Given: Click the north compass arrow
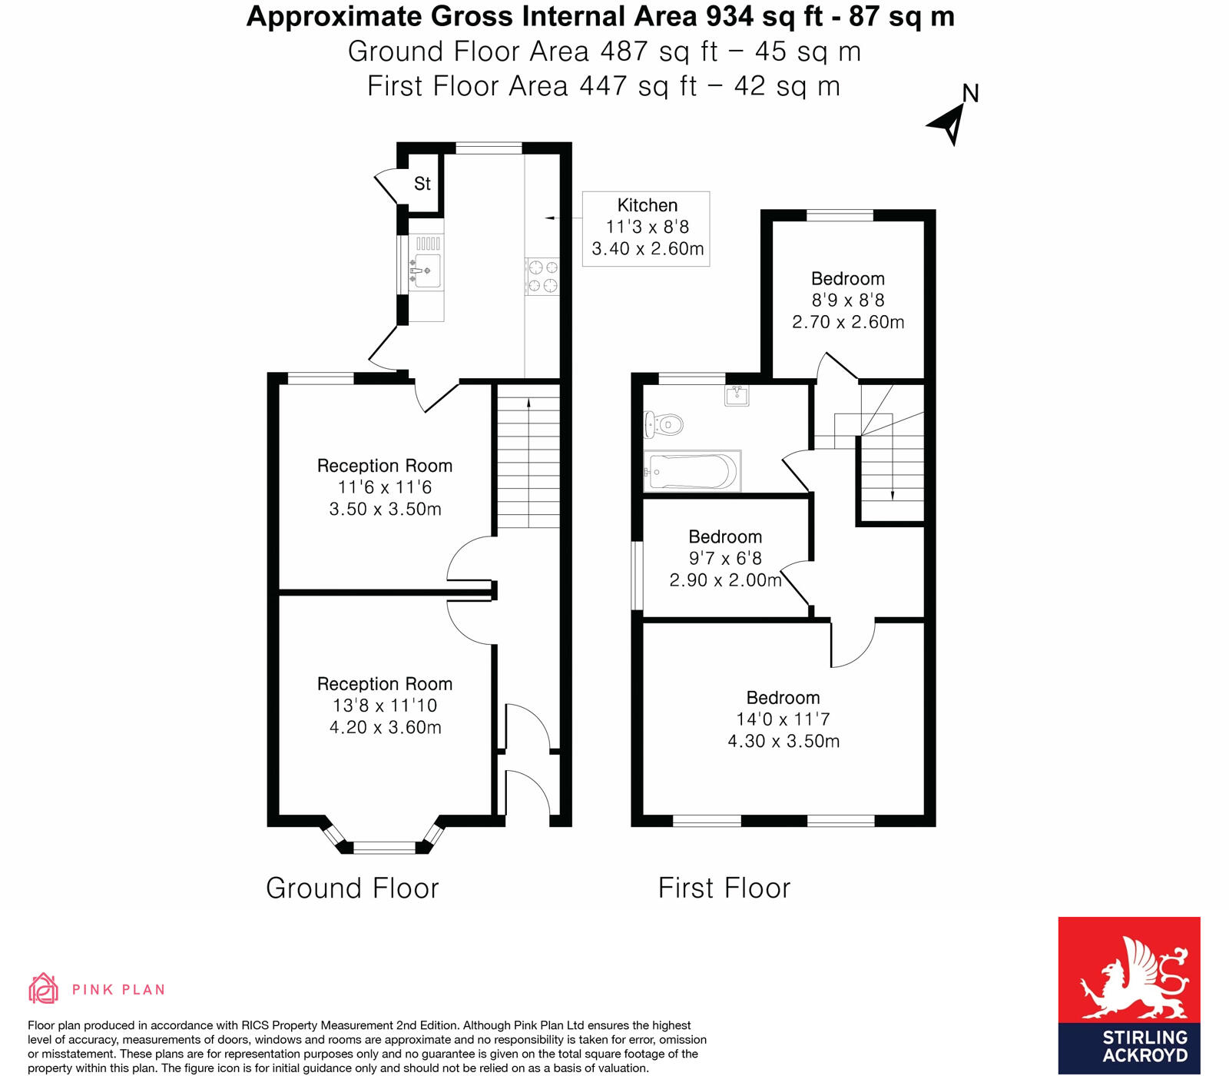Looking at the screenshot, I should coord(949,124).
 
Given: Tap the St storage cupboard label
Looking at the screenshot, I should coord(422,184).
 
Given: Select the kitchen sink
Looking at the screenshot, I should coord(426,270).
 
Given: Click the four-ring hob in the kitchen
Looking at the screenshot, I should coord(542,277).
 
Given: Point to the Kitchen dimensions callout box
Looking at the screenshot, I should coord(646,228).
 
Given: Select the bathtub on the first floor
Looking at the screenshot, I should coord(692,471).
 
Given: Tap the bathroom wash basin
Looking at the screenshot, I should coord(737,395).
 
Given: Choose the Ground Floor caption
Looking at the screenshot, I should coord(352,888).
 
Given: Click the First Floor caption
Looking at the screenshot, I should coord(724,888).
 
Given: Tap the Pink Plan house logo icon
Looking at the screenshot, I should coord(43,988).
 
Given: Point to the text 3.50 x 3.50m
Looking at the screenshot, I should coord(385,509).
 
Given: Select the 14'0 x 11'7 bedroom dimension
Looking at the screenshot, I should coord(783,719).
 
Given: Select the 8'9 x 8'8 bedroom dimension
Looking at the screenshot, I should coord(847,301).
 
